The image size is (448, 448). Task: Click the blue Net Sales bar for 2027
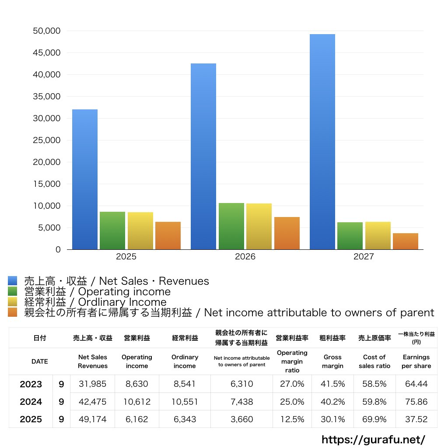322,142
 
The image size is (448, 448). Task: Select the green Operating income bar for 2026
231,226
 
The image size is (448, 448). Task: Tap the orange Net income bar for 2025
168,236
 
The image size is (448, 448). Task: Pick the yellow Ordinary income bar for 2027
378,236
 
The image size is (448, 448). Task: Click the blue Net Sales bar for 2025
85,179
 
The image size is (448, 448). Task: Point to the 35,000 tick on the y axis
46,97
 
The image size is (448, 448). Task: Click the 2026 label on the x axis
245,256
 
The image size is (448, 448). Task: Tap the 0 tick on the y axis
58,250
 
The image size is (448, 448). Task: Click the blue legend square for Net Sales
13,280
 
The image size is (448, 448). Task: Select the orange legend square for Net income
13,312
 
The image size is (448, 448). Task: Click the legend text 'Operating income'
124,292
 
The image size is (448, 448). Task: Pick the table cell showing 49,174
93,419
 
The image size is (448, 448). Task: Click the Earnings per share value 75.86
416,402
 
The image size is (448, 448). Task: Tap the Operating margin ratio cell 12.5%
292,419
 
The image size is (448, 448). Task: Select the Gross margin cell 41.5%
332,384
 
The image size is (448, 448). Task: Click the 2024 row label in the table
31,402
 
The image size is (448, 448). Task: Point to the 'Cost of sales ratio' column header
374,361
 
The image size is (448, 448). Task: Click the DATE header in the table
40,361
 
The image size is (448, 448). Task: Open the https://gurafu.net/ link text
373,439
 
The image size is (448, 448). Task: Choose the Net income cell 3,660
241,419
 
